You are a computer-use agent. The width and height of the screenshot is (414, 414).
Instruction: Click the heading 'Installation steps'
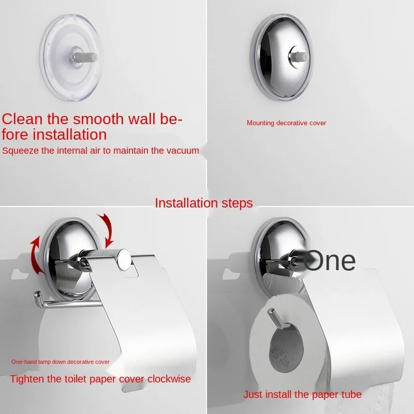click(x=204, y=203)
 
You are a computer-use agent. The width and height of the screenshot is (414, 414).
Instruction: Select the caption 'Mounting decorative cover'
click(x=286, y=123)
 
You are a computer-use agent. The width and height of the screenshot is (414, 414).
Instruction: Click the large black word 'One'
click(x=330, y=261)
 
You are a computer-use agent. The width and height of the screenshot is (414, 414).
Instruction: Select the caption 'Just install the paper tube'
click(x=302, y=395)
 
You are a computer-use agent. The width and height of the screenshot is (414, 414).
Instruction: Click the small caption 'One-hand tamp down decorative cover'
click(x=60, y=362)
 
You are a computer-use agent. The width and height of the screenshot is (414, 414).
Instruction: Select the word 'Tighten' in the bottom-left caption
click(x=27, y=379)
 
